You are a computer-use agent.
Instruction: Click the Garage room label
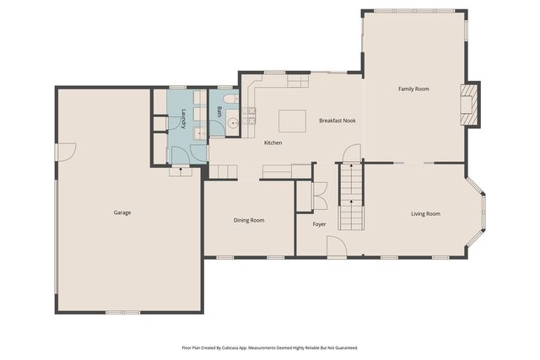click(122, 212)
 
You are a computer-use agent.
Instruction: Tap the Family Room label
click(414, 89)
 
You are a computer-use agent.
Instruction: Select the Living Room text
click(425, 213)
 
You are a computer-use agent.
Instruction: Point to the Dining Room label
click(249, 220)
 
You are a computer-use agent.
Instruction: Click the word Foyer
click(319, 224)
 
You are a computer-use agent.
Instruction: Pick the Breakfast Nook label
click(337, 121)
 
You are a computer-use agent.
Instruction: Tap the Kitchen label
click(273, 142)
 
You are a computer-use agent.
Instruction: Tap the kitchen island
click(293, 120)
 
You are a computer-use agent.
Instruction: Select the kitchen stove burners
click(250, 116)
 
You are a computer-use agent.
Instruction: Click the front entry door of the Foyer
click(336, 246)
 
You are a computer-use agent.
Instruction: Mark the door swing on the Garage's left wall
click(66, 152)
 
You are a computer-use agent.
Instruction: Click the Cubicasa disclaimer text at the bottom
click(270, 347)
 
